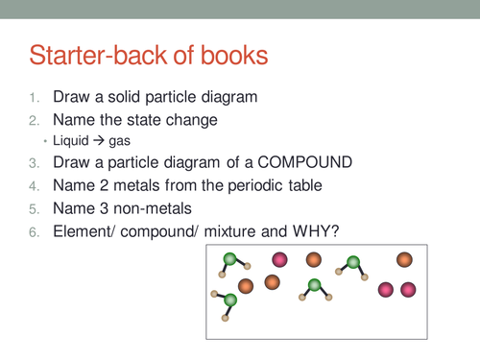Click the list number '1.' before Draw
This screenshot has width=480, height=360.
click(34, 99)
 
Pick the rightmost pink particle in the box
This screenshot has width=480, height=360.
click(408, 289)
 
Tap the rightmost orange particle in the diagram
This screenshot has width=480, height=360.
click(404, 259)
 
